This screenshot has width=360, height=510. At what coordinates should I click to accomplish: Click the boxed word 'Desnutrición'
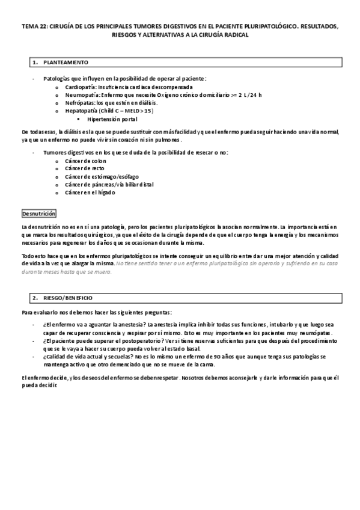click(x=38, y=214)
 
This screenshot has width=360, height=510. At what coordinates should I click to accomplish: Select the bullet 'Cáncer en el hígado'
click(x=90, y=192)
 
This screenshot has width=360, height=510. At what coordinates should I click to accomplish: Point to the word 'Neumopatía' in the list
click(x=81, y=95)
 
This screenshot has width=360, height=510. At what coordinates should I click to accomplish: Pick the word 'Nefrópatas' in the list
click(x=80, y=103)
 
